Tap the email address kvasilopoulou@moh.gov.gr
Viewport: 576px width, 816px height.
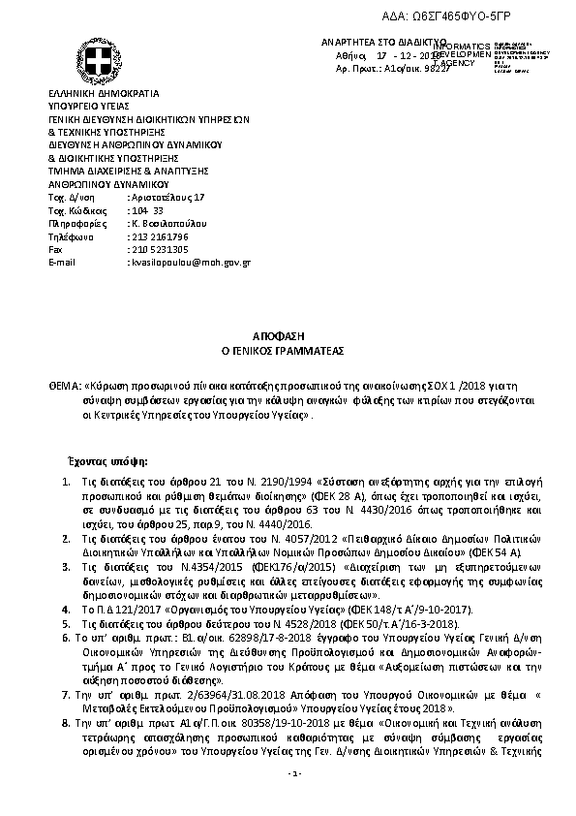(191, 262)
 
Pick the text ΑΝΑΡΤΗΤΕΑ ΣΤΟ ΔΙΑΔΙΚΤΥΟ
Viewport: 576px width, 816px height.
(378, 45)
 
